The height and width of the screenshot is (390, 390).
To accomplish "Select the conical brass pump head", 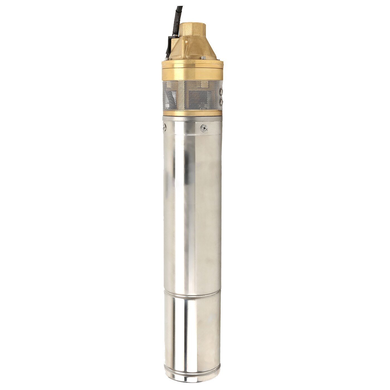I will [x=192, y=50].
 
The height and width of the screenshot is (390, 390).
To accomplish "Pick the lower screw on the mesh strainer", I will [x=221, y=103].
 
